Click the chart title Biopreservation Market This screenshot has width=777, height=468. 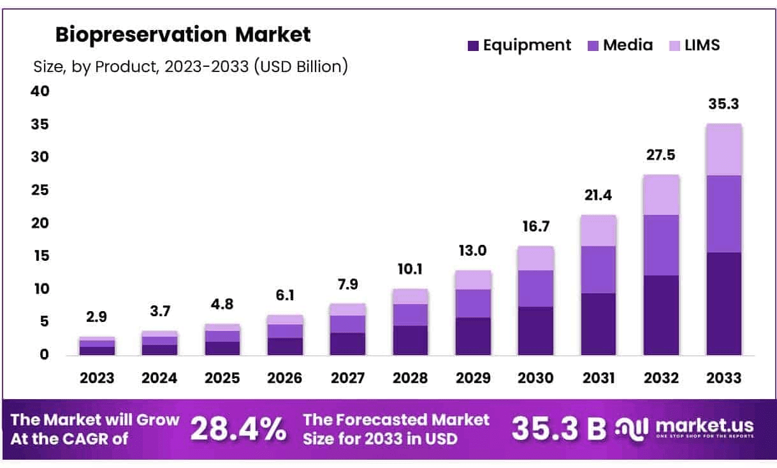point(183,34)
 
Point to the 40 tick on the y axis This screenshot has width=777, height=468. point(40,91)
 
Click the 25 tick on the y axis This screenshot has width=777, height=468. point(40,190)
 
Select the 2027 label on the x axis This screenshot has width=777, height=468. point(347,377)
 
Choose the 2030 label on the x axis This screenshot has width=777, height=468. point(535,377)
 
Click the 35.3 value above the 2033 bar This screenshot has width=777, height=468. point(723,104)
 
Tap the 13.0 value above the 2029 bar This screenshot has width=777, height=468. point(473,251)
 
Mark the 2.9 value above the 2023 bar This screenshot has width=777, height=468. point(97,317)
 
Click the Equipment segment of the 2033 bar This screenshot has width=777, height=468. point(723,303)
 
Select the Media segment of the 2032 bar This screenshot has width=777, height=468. point(661,245)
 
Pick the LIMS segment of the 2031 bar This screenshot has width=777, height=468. point(598,230)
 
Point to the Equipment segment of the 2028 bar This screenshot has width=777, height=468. point(410,340)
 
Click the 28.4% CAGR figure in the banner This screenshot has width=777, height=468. point(238,429)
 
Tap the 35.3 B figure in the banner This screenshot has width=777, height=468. point(558,429)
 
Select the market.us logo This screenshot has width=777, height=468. point(686,428)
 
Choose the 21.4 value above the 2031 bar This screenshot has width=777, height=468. point(598,196)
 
